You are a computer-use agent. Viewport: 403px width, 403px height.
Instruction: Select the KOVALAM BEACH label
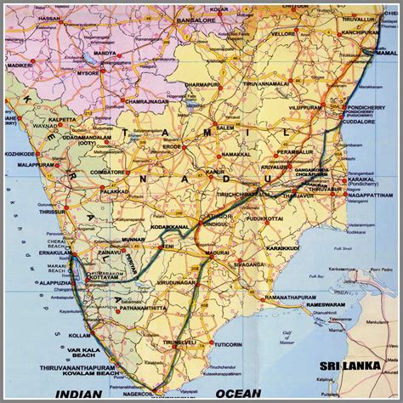click(88, 372)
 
